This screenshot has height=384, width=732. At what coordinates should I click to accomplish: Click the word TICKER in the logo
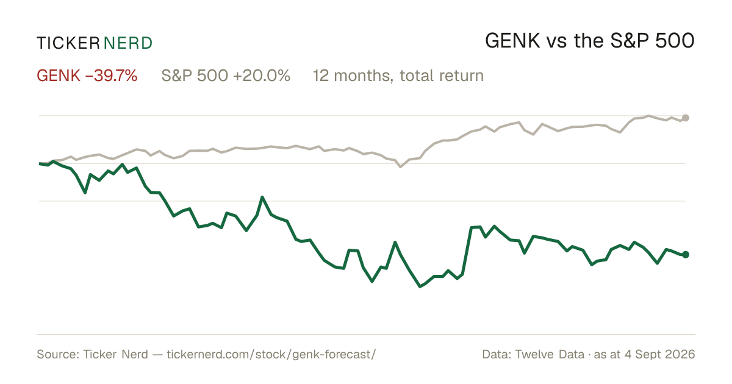point(68,43)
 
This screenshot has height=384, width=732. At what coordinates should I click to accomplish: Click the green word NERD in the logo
point(127,43)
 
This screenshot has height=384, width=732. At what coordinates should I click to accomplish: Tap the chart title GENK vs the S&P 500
point(589,41)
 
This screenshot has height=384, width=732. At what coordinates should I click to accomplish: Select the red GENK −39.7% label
point(87,76)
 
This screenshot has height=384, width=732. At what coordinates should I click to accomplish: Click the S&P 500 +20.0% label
point(226,76)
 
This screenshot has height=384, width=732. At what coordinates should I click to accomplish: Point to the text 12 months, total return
point(398,76)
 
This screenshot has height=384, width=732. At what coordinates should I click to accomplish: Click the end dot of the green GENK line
point(686,255)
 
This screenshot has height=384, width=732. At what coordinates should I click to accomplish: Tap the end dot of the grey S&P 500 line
point(686,118)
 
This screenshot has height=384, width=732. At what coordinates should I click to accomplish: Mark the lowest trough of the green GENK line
point(420,286)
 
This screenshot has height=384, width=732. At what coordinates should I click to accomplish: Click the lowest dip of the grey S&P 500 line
point(401,167)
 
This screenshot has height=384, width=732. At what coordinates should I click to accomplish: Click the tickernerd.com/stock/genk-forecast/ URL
point(271,354)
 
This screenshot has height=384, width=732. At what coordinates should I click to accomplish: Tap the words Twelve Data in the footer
point(550,354)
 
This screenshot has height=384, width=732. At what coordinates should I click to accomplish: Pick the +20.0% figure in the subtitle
point(262,76)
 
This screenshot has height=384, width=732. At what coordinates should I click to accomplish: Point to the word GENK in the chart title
point(512,41)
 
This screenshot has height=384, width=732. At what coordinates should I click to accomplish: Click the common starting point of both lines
point(40,163)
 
